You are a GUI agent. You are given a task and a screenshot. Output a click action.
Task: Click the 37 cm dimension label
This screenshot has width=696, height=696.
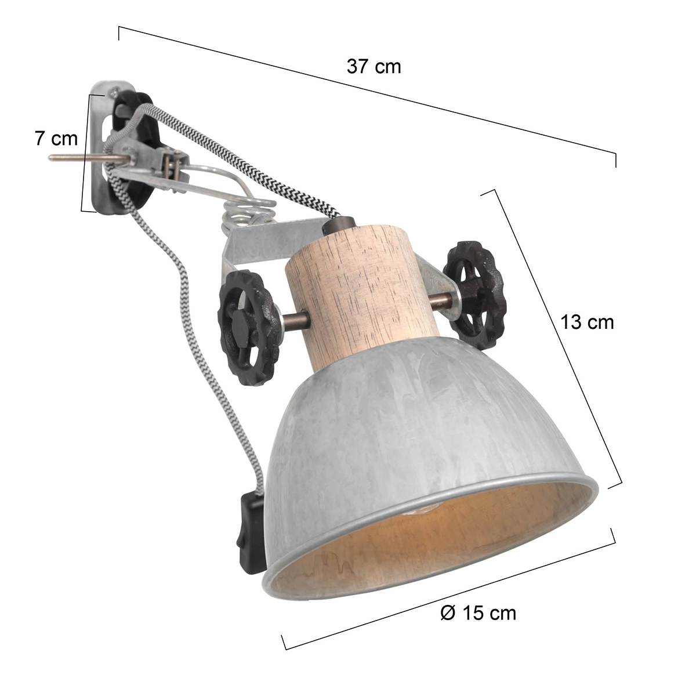(374, 67)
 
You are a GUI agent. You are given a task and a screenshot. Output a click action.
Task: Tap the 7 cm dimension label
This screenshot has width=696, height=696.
(56, 139)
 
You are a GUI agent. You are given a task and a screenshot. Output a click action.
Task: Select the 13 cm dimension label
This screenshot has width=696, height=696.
(586, 322)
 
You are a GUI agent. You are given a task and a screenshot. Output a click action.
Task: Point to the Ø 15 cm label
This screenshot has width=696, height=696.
(478, 612)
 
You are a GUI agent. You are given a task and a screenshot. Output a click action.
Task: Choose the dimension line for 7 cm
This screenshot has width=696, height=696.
(85, 151)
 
